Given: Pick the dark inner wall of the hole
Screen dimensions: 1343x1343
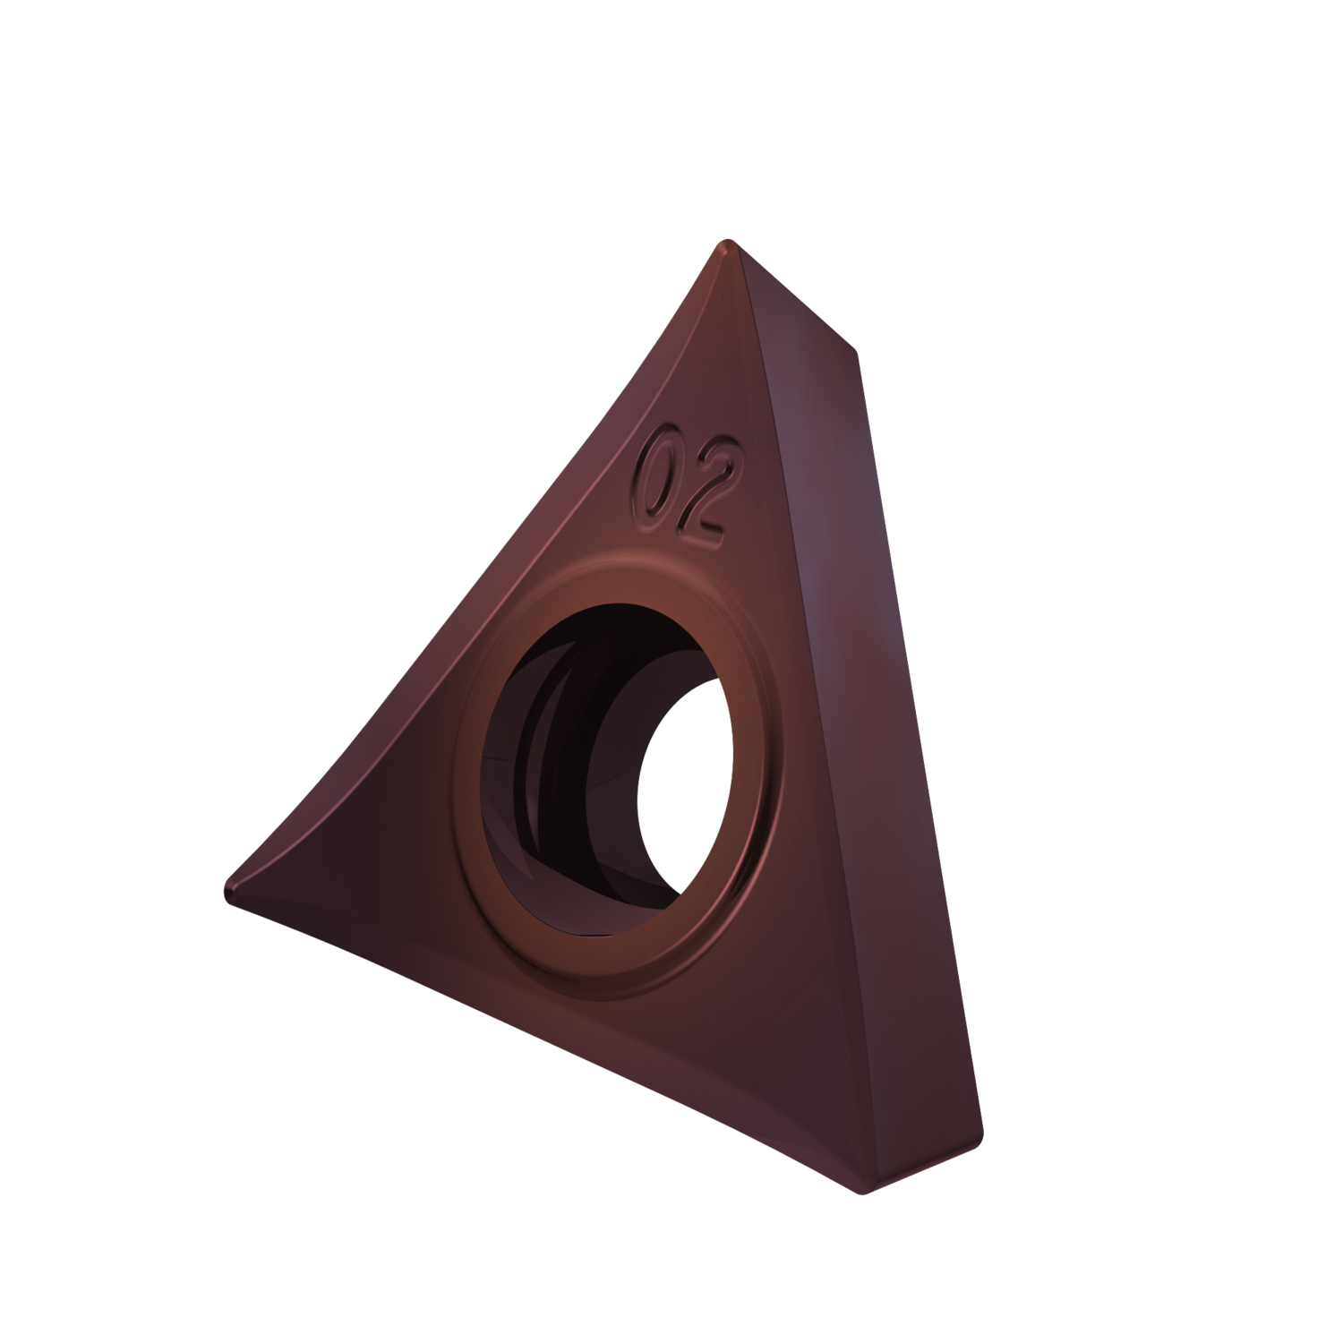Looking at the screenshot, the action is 555,770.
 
